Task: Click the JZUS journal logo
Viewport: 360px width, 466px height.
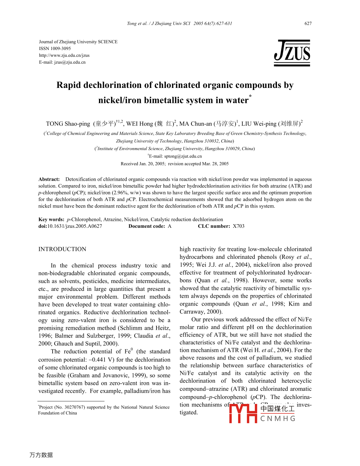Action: pyautogui.click(x=292, y=53)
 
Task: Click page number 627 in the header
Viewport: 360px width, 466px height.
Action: pyautogui.click(x=308, y=24)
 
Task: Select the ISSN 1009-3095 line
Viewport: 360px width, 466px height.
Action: pyautogui.click(x=55, y=48)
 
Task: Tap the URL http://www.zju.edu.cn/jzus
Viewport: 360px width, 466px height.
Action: pyautogui.click(x=64, y=55)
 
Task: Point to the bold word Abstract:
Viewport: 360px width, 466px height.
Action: pyautogui.click(x=49, y=179)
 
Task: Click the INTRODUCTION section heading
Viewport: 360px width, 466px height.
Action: pyautogui.click(x=62, y=249)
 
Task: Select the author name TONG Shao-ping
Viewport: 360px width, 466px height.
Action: pyautogui.click(x=68, y=124)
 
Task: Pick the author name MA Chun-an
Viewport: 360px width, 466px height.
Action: pyautogui.click(x=195, y=124)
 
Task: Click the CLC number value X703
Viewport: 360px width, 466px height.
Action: pyautogui.click(x=238, y=226)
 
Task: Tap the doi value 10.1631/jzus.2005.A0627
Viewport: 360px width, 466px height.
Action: pyautogui.click(x=74, y=226)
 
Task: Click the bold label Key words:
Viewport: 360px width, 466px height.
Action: pyautogui.click(x=51, y=220)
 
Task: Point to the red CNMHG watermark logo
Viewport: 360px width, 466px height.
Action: pyautogui.click(x=262, y=413)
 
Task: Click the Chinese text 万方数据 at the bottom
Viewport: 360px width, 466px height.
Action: pyautogui.click(x=41, y=455)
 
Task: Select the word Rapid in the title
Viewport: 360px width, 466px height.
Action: pyautogui.click(x=69, y=85)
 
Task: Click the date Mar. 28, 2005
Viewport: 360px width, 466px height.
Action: pyautogui.click(x=215, y=164)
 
